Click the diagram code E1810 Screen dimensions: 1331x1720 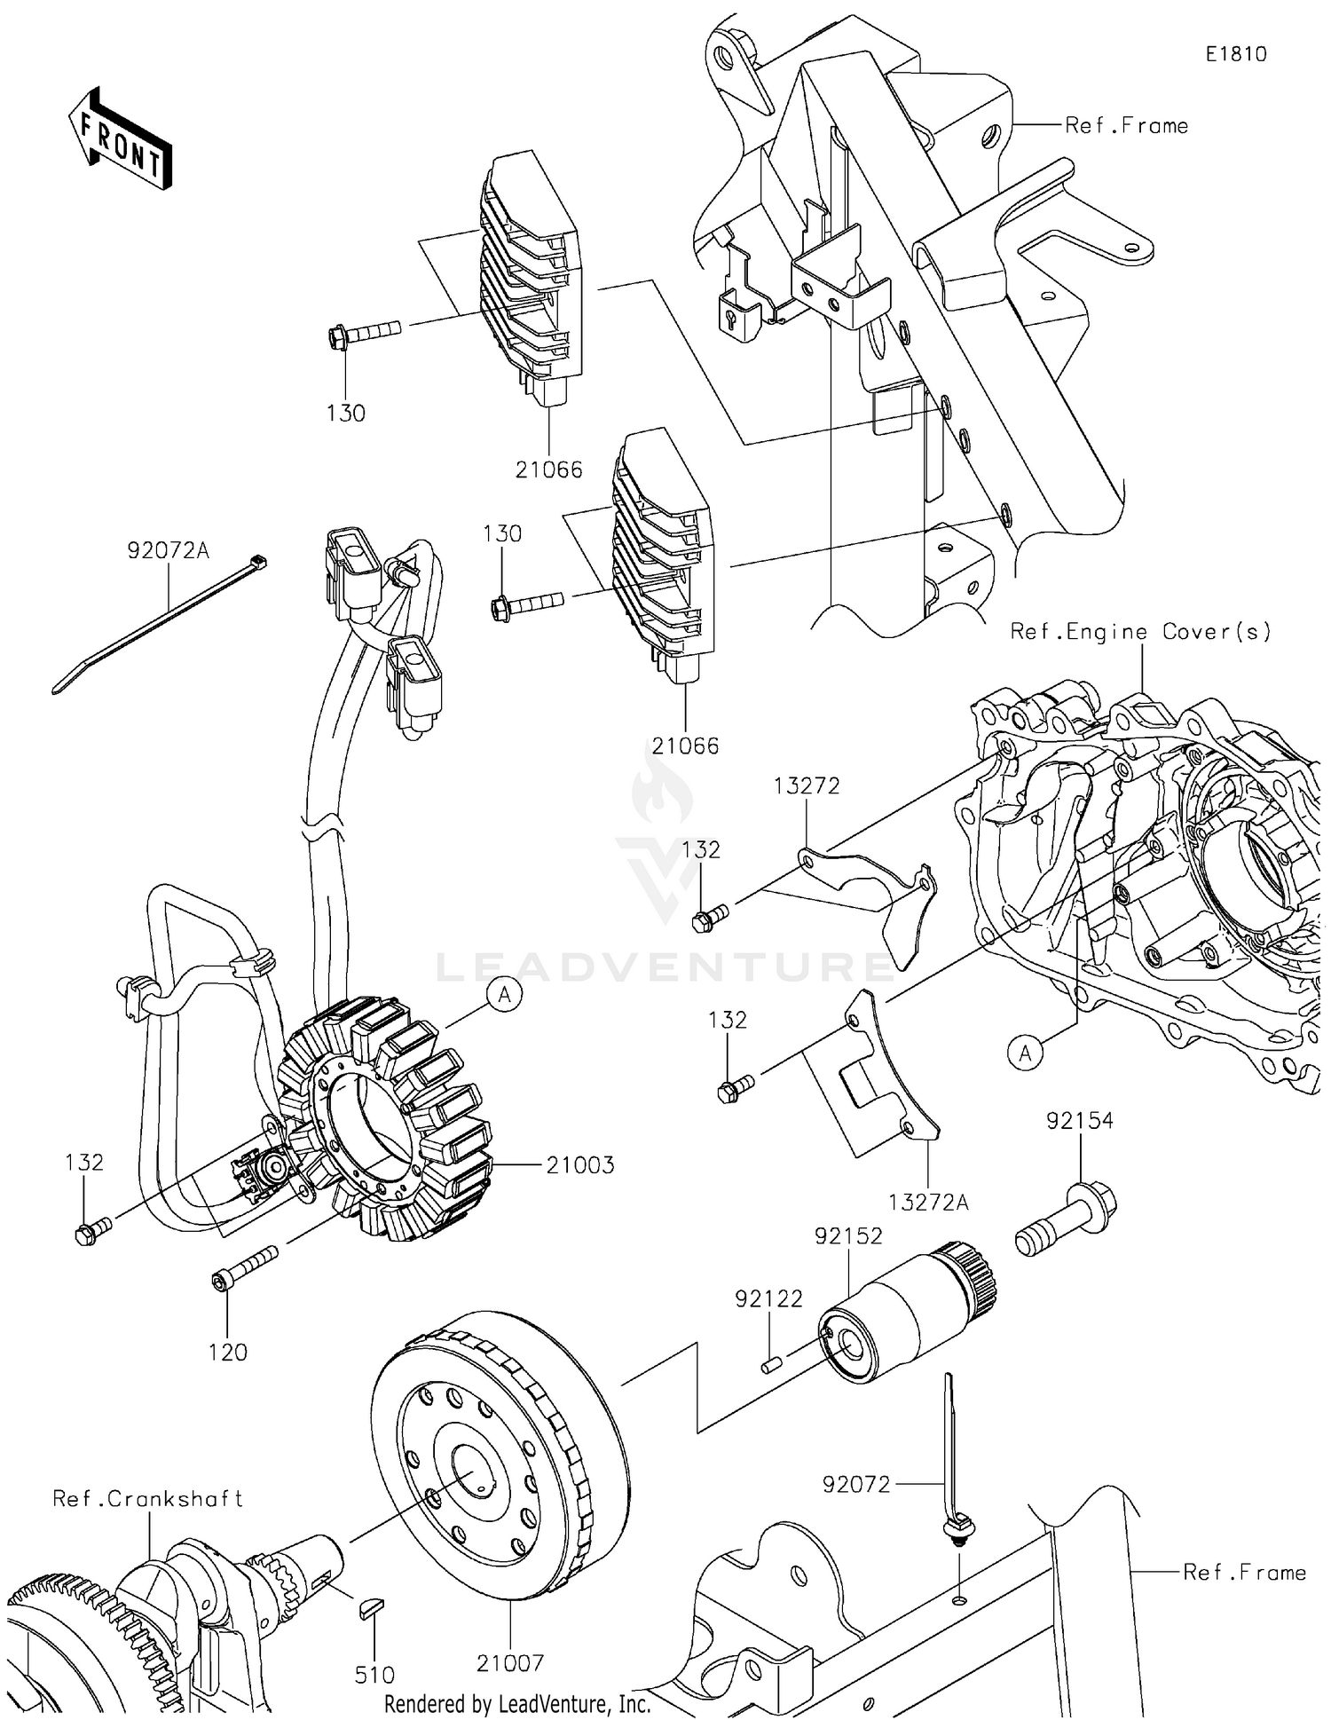point(1235,54)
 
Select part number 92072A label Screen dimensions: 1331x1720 point(168,551)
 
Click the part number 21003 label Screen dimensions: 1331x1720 point(579,1165)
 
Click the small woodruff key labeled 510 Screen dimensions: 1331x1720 point(370,1608)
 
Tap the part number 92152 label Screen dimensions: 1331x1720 point(848,1236)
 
